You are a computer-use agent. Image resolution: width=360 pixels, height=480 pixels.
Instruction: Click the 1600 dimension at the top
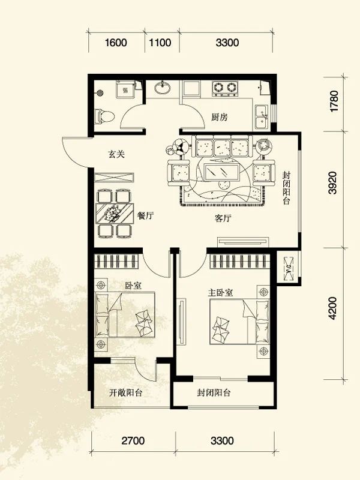pyautogui.click(x=116, y=43)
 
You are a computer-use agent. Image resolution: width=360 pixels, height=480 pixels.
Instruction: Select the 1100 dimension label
pyautogui.click(x=161, y=43)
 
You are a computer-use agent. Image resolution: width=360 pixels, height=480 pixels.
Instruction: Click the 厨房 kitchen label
pyautogui.click(x=220, y=118)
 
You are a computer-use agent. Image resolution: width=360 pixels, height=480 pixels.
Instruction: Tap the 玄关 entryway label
pyautogui.click(x=116, y=154)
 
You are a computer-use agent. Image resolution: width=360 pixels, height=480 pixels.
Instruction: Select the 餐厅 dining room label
pyautogui.click(x=145, y=216)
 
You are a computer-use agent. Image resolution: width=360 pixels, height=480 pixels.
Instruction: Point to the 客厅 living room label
pyautogui.click(x=223, y=218)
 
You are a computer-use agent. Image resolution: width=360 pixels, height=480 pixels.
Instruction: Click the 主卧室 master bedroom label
pyautogui.click(x=220, y=292)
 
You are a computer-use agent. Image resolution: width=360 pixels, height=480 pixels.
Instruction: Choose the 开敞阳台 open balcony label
pyautogui.click(x=126, y=394)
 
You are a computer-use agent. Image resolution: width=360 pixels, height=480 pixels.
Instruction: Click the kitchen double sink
pyautogui.click(x=262, y=118)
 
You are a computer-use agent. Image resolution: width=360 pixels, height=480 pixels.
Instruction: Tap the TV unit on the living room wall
pyautogui.click(x=243, y=241)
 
